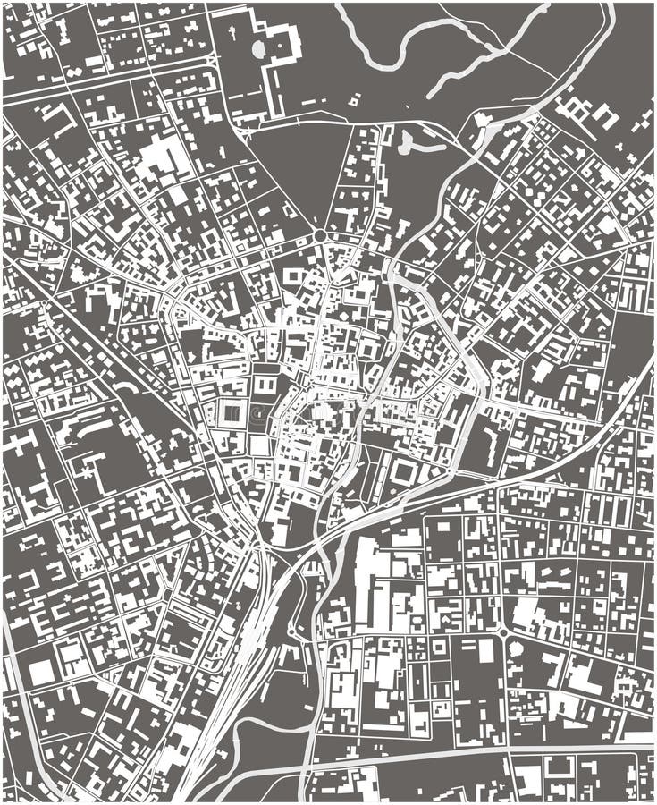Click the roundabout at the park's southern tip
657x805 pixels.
coord(319,235)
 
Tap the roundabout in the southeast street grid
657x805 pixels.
coord(502,632)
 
